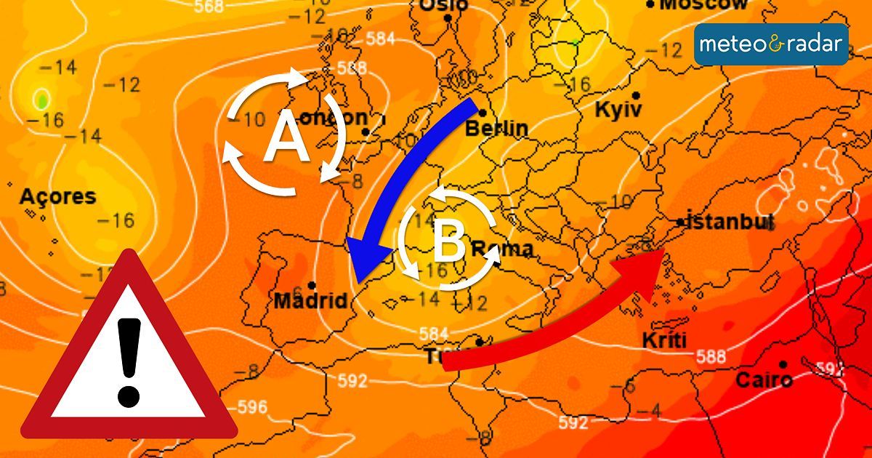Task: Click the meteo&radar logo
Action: tap(771, 44)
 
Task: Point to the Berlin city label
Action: tap(496, 129)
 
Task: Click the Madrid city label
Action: tap(310, 300)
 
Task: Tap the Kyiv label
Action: tap(618, 111)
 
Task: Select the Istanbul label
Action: tap(729, 222)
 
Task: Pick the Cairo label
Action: tap(764, 379)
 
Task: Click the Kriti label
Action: tap(664, 340)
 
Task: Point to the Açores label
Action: tap(57, 196)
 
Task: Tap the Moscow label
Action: tap(703, 5)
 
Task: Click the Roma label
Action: tap(502, 249)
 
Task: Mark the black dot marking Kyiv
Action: tap(636, 96)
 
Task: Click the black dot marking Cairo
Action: tap(783, 364)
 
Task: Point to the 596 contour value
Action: tap(252, 406)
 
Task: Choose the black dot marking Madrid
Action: tap(312, 285)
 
